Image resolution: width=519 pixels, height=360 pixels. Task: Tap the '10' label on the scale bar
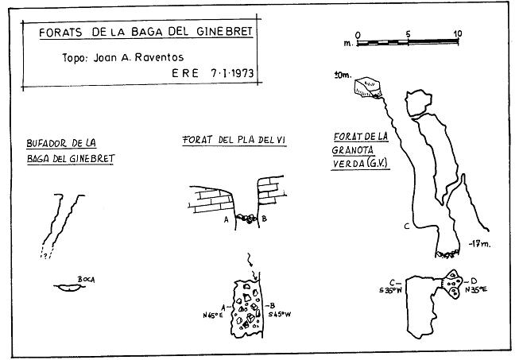tap(456, 33)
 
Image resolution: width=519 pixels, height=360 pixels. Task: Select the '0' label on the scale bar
tap(358, 33)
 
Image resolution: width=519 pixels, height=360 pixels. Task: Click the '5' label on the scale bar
tap(408, 33)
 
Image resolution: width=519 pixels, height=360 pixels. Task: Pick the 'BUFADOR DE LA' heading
tap(61, 143)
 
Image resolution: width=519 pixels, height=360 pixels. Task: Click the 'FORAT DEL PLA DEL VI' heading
tap(234, 140)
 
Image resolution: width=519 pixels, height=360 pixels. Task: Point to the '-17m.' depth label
tap(479, 244)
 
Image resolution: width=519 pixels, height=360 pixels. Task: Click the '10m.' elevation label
tap(343, 76)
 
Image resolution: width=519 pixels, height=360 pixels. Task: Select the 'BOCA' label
tap(87, 280)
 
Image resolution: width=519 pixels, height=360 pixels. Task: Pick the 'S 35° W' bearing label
tap(391, 289)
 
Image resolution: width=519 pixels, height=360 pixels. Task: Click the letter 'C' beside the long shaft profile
tap(406, 227)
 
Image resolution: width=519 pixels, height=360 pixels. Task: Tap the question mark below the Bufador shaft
tap(46, 256)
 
